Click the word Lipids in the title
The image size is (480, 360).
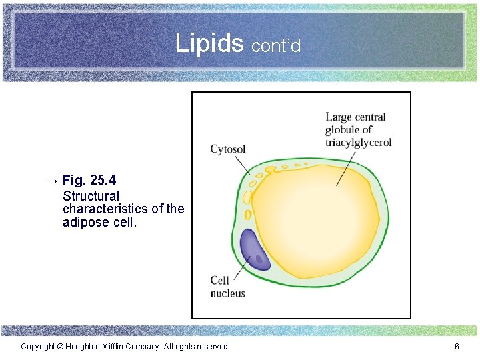[209, 43]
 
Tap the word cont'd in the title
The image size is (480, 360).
[276, 45]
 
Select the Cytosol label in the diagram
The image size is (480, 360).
[227, 149]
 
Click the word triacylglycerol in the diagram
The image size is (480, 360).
[358, 142]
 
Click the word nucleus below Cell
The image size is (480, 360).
[227, 293]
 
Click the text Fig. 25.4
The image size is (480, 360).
[89, 180]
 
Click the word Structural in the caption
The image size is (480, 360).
[91, 196]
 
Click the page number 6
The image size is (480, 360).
[457, 347]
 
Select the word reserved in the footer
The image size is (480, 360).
[211, 347]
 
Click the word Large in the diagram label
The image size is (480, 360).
[339, 117]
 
